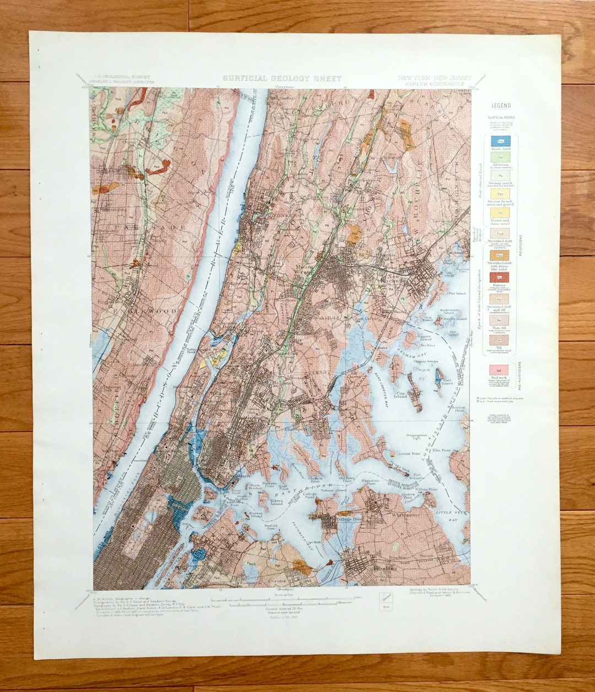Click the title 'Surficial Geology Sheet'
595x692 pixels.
click(x=282, y=79)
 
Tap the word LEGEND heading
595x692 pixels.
click(x=501, y=105)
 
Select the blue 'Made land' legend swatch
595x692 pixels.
click(x=501, y=141)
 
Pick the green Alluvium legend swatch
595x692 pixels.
click(x=501, y=158)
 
